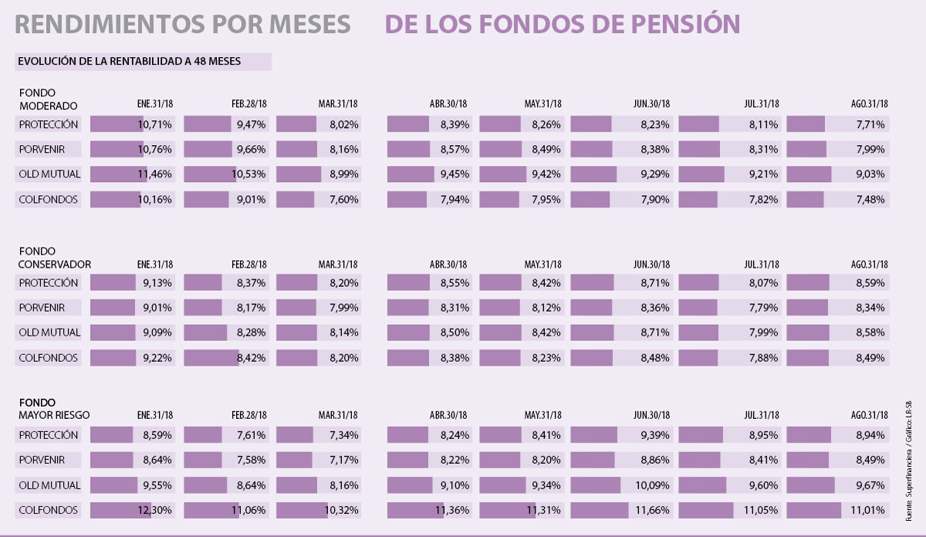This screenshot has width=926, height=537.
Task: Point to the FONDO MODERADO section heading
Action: pos(48,100)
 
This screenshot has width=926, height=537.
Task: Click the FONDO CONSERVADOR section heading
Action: pos(55,258)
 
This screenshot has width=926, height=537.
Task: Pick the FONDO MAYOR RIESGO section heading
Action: pos(54,409)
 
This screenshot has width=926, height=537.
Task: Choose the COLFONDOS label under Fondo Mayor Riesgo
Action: pos(49,510)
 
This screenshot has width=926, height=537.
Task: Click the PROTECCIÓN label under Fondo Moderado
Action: pos(49,123)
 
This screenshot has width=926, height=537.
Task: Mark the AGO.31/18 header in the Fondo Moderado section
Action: pos(870,104)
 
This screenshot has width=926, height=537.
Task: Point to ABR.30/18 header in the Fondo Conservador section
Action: pos(449,264)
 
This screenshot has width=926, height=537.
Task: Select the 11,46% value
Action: pos(155,174)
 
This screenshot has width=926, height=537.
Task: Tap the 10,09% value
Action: pos(653,485)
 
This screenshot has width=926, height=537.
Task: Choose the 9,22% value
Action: pos(157,358)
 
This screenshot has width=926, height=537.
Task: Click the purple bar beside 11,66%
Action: pos(595,510)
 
